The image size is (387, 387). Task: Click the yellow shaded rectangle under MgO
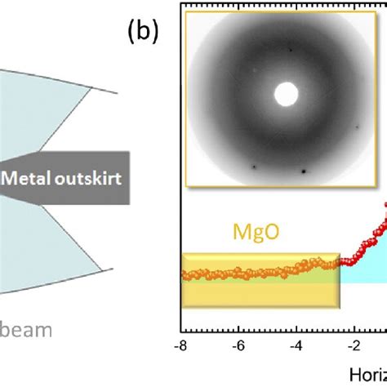tap(245, 294)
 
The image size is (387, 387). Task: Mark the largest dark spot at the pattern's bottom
tap(304, 171)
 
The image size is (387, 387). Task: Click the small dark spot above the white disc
tap(289, 50)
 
